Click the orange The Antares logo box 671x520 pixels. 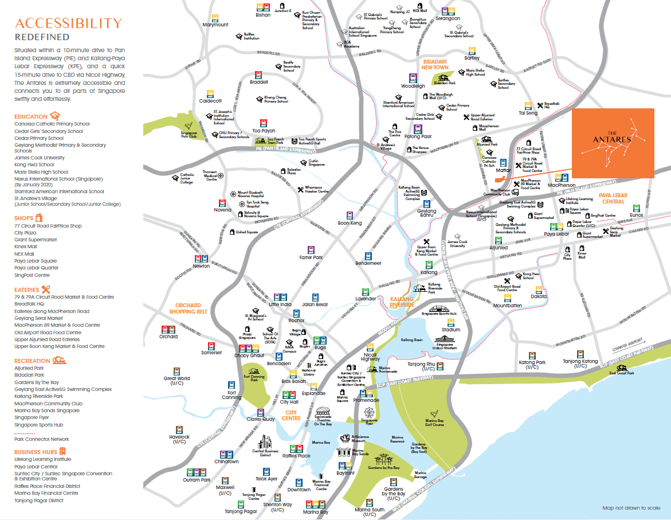pos(613,140)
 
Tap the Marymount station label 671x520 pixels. pos(215,25)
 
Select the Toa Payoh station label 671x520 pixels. pos(264,130)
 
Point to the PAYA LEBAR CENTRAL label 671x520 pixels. pos(613,198)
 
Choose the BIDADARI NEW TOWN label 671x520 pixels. pos(435,64)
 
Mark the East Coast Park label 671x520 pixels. pos(622,373)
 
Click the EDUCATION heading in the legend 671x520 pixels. pos(32,116)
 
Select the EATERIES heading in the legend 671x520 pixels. pos(27,290)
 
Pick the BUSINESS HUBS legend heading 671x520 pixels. pos(36,452)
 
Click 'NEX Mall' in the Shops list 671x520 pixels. pos(24,254)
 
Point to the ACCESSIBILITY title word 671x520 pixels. pos(68,24)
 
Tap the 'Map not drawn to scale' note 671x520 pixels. pos(631,508)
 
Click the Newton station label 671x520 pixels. pos(201,266)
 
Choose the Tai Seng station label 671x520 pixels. pos(528,113)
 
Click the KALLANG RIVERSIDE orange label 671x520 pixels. pos(402,302)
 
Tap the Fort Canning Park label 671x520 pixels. pos(251,378)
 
